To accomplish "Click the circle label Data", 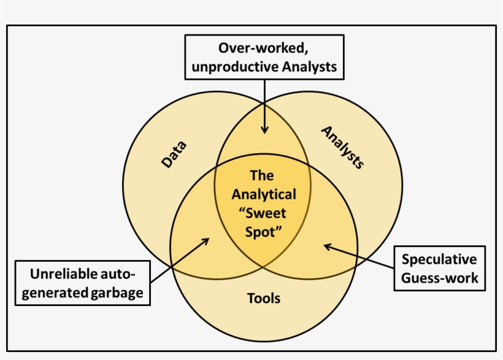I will coord(174,155).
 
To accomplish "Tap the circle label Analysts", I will coord(343,147).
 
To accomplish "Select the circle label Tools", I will coord(264,299).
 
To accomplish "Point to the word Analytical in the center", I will coord(263,195).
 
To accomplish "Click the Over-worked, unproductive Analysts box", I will coord(264,57).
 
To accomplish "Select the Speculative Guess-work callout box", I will coord(439,269).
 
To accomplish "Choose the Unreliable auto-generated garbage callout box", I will coord(82,283).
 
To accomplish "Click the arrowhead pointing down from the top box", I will coord(264,129).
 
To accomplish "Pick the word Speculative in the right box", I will coord(439,259).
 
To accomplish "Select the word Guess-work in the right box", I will coord(439,278).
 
